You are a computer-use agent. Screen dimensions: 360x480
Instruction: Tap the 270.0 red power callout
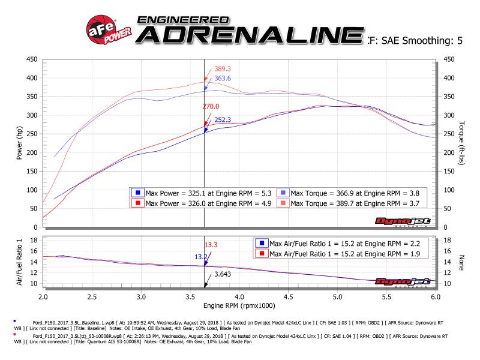(x=209, y=106)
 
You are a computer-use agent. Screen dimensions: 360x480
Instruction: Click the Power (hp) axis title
(x=20, y=143)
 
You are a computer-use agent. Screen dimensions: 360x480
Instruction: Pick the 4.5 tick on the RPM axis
(x=288, y=297)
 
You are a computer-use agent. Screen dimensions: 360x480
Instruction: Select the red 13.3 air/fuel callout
(x=211, y=245)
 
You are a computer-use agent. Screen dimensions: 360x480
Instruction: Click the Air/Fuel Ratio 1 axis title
(x=20, y=262)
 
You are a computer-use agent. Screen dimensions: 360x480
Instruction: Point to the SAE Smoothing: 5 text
(x=420, y=41)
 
